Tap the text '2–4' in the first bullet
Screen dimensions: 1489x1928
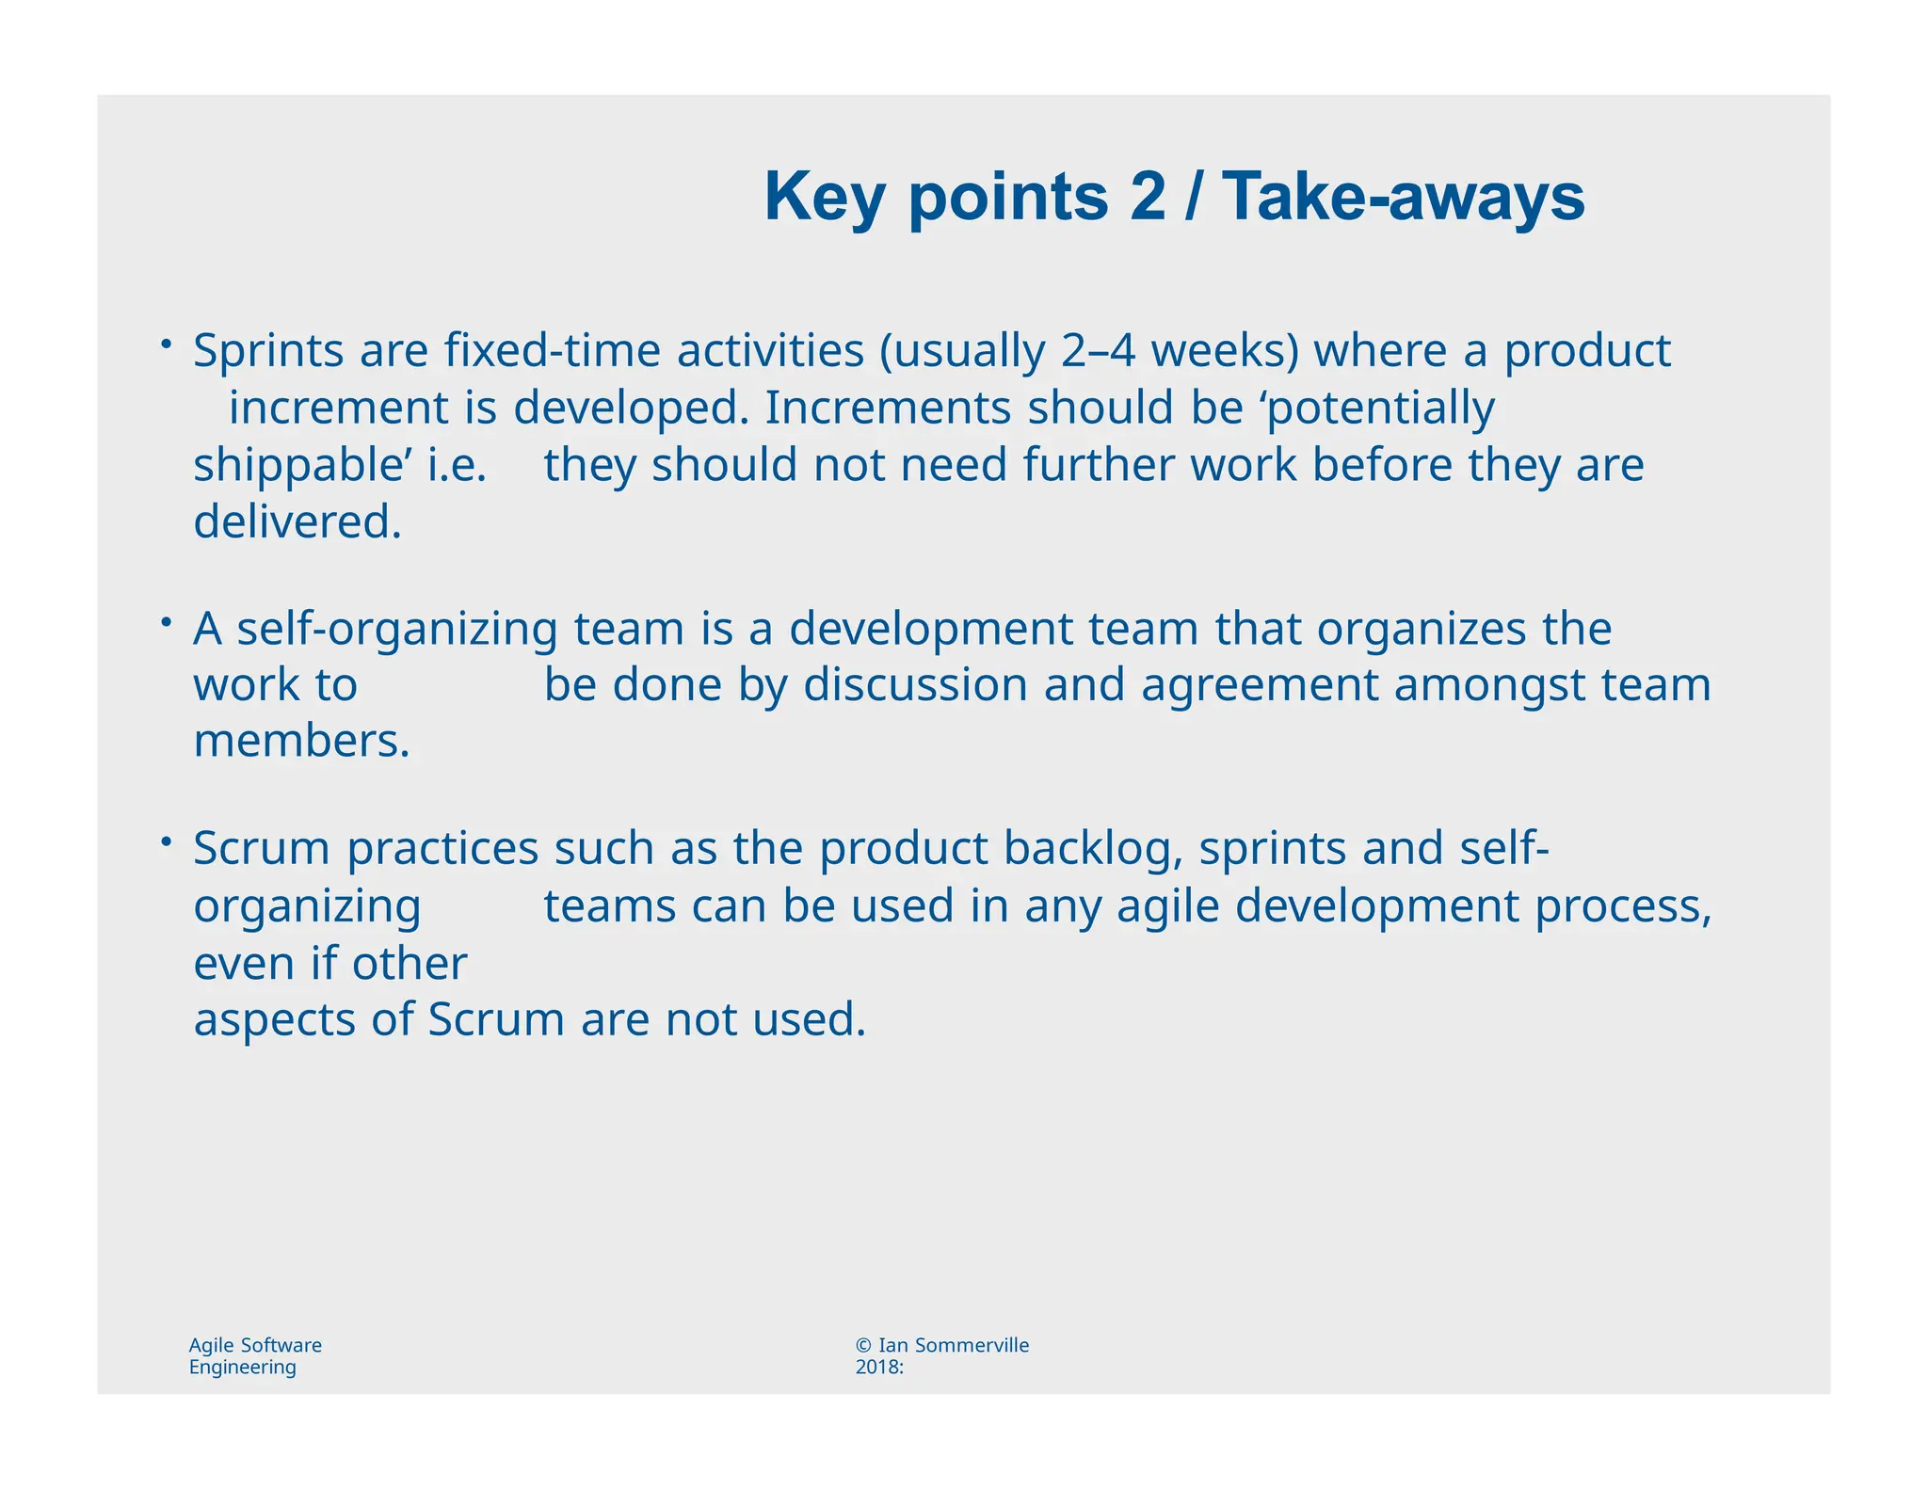(1098, 351)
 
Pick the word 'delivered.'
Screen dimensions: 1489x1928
(297, 522)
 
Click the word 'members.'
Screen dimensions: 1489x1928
(301, 742)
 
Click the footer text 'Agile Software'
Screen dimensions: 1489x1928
(255, 1345)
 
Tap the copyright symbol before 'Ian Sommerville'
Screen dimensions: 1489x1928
(863, 1345)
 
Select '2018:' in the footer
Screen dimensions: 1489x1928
(879, 1368)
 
